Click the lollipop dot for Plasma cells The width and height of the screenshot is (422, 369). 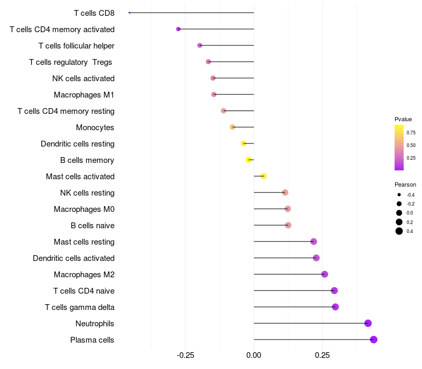coord(373,339)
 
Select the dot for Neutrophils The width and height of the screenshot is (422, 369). coord(368,323)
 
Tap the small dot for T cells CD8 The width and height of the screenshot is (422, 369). coord(129,13)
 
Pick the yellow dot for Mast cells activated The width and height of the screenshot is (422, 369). coord(264,176)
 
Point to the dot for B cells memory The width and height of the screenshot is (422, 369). coord(248,160)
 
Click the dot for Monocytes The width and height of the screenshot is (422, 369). coord(233,127)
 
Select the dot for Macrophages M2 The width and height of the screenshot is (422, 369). coord(324,274)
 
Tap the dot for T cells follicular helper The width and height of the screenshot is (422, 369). coord(199,45)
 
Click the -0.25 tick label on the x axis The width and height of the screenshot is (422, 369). coord(185,356)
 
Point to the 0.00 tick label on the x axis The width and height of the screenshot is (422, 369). coord(254,356)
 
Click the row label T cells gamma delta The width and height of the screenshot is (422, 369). coord(80,307)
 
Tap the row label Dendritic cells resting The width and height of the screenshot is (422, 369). coord(78,143)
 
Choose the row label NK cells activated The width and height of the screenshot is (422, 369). coord(83,78)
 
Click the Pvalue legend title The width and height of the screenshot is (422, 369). coord(403,119)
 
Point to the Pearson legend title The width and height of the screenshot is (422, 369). coord(405,184)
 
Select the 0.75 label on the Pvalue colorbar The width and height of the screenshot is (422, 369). coord(411,132)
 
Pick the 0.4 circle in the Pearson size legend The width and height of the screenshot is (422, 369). coord(399,231)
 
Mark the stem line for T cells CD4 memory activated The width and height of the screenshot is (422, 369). coord(216,29)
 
